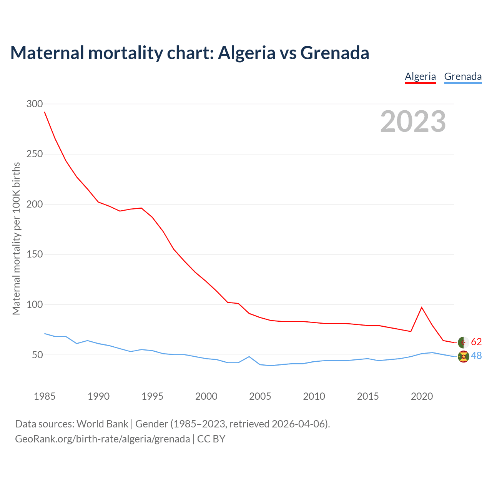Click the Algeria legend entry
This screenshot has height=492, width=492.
420,76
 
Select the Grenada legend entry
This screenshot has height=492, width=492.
463,76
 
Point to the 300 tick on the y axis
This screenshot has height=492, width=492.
35,104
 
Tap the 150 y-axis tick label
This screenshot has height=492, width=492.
35,254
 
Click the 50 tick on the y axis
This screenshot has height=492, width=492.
37,355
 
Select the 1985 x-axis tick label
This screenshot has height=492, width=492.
45,396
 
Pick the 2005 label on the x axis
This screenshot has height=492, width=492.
260,396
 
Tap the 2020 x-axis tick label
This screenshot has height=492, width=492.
422,396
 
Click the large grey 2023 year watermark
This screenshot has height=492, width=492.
413,121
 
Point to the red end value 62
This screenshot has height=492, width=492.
476,342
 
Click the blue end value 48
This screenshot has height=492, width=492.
476,356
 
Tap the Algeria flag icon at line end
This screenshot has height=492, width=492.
464,342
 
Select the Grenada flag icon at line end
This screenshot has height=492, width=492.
464,357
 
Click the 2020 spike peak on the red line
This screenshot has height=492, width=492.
422,307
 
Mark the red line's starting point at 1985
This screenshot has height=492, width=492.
45,112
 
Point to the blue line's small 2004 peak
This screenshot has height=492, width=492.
249,357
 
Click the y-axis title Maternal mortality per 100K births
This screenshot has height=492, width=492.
16,238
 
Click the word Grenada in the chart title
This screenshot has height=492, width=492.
334,53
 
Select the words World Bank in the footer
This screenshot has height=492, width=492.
102,424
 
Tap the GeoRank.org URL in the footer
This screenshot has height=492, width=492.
102,439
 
